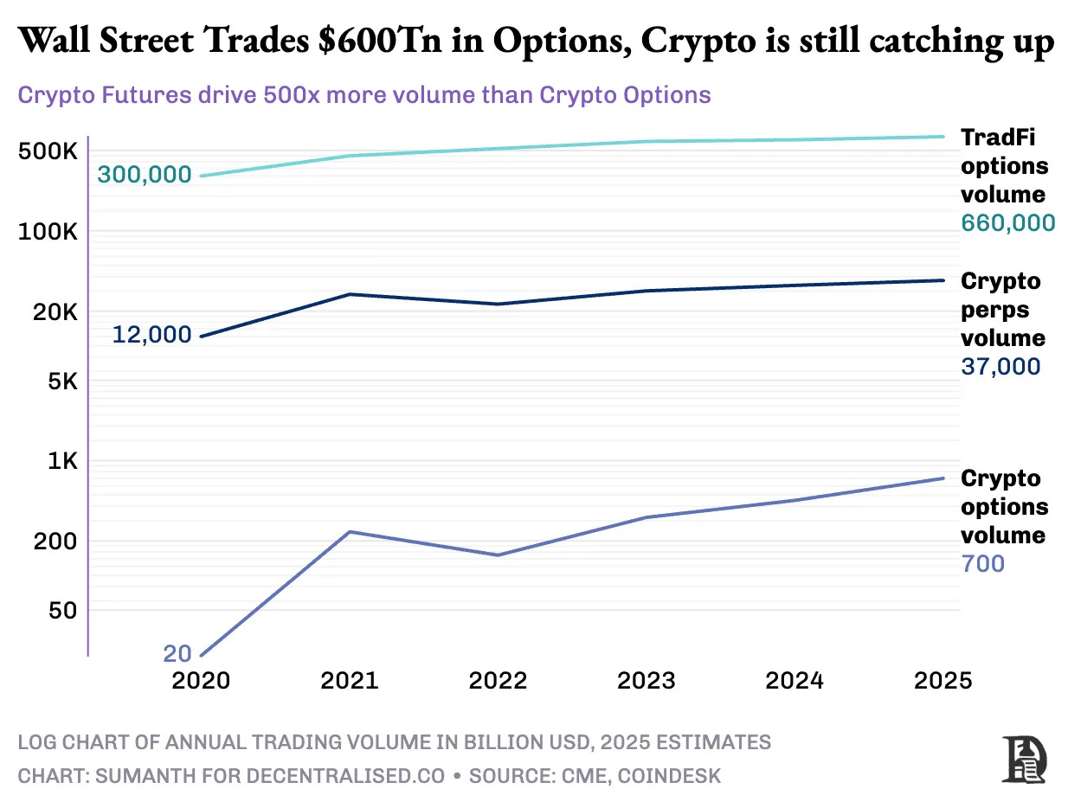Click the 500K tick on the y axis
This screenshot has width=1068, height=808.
point(48,151)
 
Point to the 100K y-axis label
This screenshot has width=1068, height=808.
point(48,232)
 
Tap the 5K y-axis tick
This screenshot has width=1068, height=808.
point(59,382)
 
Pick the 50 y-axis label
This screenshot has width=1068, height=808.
point(62,610)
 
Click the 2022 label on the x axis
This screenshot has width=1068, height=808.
point(498,681)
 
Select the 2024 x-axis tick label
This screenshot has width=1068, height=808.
point(795,681)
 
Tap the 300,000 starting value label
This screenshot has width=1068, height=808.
point(144,175)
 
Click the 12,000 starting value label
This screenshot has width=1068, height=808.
point(151,335)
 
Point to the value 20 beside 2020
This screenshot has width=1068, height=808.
point(177,654)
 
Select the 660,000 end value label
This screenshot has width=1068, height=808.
point(1007,223)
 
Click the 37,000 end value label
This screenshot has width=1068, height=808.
point(1000,367)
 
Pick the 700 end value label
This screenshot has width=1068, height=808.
point(982,564)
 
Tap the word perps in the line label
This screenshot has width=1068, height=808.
point(991,310)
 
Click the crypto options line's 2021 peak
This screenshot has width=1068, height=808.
point(349,531)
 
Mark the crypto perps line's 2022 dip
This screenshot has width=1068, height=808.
point(498,304)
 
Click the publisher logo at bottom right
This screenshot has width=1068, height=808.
point(1025,759)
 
